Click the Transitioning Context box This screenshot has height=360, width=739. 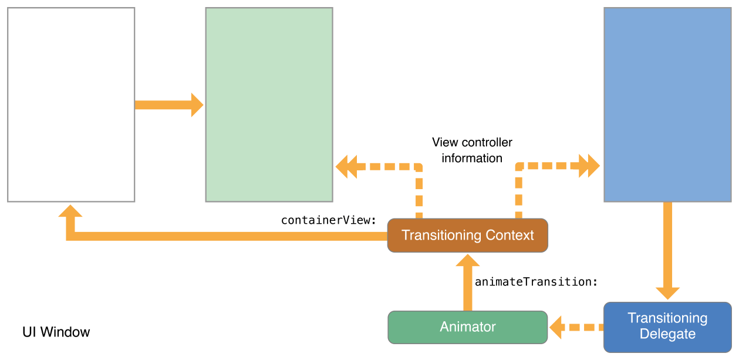467,235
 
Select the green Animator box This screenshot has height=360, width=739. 467,327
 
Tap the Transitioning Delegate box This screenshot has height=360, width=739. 667,327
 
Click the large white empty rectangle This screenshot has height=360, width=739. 71,105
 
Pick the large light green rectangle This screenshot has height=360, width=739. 269,105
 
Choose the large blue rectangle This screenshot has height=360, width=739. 667,105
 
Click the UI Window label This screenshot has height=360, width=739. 56,332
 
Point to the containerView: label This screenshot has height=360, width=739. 328,220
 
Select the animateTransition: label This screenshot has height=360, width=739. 536,282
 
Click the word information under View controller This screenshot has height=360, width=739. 472,158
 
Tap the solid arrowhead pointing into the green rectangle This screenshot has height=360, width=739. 197,105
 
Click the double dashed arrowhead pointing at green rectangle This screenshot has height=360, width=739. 347,167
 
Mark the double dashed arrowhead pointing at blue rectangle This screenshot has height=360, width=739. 588,166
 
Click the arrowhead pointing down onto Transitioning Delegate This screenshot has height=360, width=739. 667,292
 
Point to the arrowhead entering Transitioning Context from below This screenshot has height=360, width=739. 467,260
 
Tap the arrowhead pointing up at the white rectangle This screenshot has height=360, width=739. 70,211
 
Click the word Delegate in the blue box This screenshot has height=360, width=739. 667,334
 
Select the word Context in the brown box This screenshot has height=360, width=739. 509,235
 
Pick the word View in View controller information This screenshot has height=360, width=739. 445,142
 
